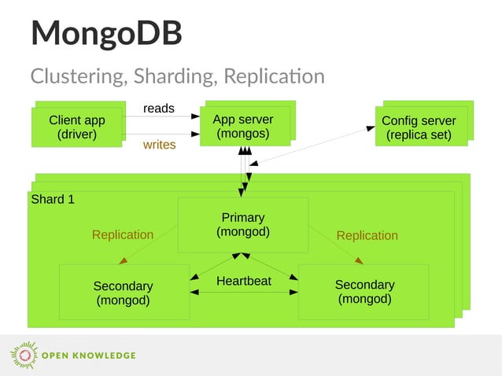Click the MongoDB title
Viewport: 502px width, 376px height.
click(106, 33)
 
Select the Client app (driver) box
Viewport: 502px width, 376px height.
click(77, 127)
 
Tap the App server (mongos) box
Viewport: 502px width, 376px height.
click(243, 126)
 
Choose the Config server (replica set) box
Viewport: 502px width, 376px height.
click(419, 127)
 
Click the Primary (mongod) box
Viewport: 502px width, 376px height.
click(243, 224)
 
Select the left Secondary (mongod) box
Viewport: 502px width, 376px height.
click(124, 293)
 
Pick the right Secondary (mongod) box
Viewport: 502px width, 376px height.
click(364, 292)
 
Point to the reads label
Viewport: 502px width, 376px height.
click(159, 108)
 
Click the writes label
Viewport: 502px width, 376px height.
click(159, 145)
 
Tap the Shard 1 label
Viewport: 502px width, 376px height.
click(53, 199)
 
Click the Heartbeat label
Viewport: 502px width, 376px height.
click(244, 281)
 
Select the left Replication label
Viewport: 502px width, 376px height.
click(123, 234)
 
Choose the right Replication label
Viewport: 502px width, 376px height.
click(367, 235)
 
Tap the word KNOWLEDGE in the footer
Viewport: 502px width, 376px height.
click(105, 356)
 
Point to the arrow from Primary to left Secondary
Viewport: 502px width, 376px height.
click(148, 245)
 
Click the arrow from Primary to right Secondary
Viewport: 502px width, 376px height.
click(335, 245)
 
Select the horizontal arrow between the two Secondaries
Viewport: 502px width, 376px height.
click(244, 293)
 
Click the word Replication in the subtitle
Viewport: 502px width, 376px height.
click(274, 76)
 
